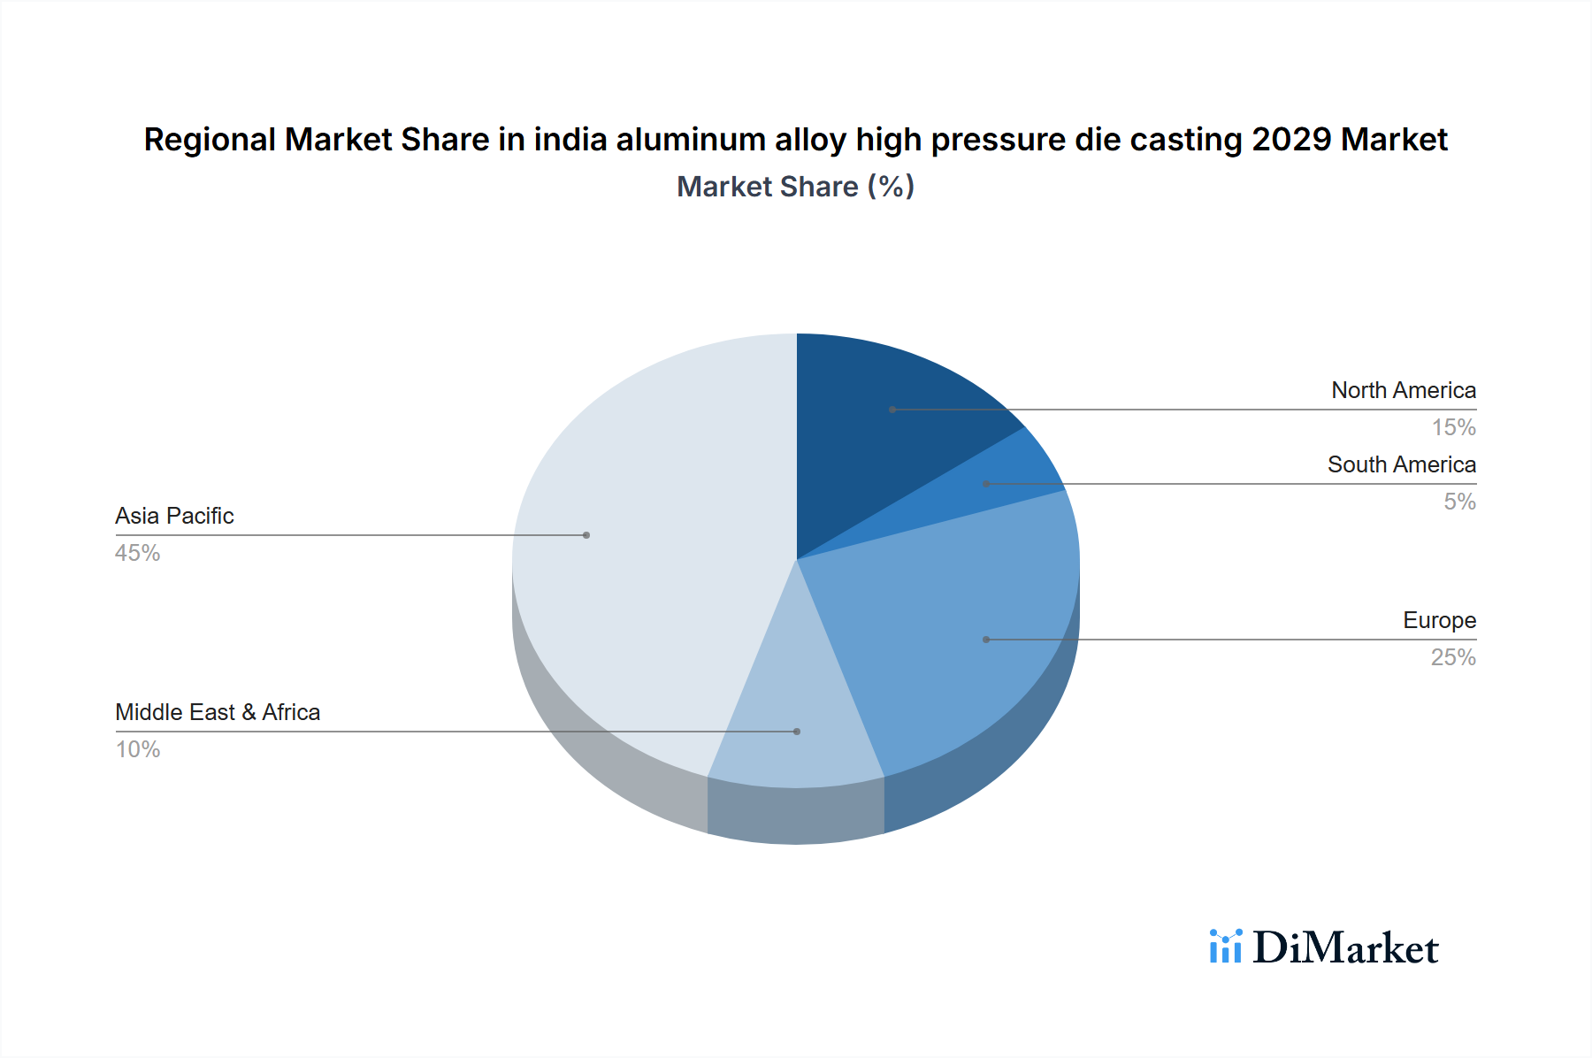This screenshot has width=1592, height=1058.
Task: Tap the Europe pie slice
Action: (955, 637)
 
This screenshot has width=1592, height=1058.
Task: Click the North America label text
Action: (1404, 390)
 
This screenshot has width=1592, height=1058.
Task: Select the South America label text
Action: (1402, 464)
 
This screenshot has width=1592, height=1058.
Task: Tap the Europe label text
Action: (1439, 620)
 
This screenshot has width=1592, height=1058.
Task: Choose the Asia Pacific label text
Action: (174, 516)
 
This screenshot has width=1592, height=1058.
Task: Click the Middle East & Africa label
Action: (218, 712)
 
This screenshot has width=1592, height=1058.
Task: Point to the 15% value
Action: (1453, 427)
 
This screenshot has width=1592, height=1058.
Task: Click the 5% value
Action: (1459, 502)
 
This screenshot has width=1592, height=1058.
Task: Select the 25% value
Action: (1453, 657)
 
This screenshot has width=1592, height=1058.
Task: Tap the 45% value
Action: (138, 553)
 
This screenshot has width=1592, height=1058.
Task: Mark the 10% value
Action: (138, 749)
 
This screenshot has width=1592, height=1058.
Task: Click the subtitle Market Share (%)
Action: (795, 187)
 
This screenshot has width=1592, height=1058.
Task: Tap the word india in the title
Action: (570, 140)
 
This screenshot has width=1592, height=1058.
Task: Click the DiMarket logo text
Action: (1345, 948)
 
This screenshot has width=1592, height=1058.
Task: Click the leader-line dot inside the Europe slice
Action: (986, 640)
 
